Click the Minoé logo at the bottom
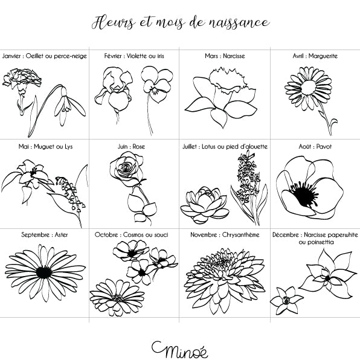click(180, 350)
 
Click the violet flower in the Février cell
click(157, 85)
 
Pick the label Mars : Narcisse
click(225, 56)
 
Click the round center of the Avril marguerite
click(309, 88)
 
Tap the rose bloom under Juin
click(126, 169)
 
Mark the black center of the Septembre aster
click(44, 272)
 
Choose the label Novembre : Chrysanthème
click(225, 235)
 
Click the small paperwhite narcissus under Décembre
click(286, 300)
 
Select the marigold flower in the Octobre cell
click(117, 297)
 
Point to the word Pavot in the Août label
click(324, 147)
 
